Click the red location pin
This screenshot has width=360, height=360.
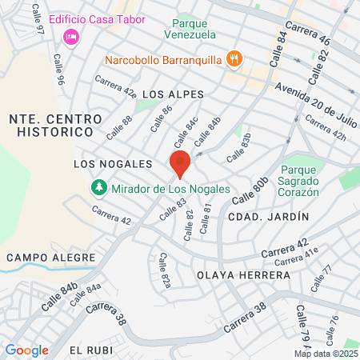pyautogui.click(x=180, y=163)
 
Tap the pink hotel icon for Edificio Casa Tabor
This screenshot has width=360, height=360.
pyautogui.click(x=70, y=36)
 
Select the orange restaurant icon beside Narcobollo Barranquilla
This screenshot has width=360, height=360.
pyautogui.click(x=234, y=58)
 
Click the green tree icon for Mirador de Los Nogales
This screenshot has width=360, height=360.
pyautogui.click(x=98, y=187)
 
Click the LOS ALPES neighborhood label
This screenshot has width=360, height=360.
pyautogui.click(x=167, y=94)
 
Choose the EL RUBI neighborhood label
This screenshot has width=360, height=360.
pyautogui.click(x=87, y=350)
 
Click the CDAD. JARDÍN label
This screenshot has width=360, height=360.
pyautogui.click(x=257, y=217)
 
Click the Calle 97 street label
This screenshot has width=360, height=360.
pyautogui.click(x=38, y=20)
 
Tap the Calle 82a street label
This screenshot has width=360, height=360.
pyautogui.click(x=165, y=271)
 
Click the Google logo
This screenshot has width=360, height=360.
pyautogui.click(x=26, y=350)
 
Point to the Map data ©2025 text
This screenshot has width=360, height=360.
pyautogui.click(x=326, y=353)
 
